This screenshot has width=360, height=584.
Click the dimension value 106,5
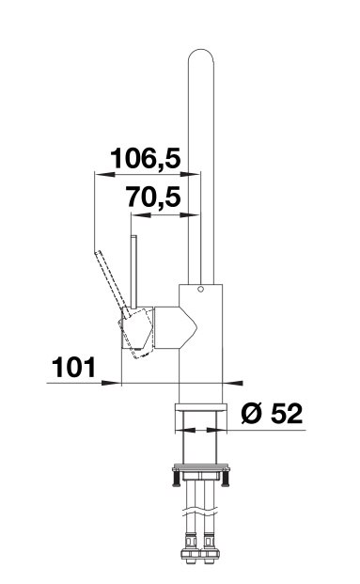(x=146, y=159)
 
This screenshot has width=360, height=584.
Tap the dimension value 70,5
(x=153, y=197)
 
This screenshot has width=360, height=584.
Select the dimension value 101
(x=73, y=367)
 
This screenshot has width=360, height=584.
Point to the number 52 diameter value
(x=287, y=413)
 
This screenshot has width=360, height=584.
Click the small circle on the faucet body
(x=200, y=289)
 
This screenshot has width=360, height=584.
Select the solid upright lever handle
(x=134, y=273)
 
